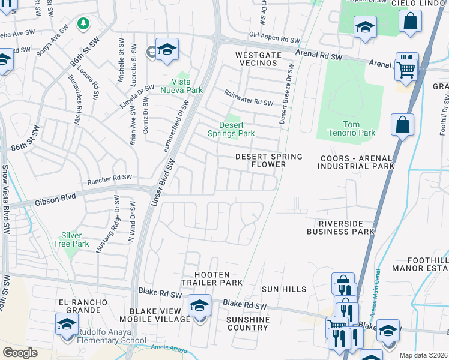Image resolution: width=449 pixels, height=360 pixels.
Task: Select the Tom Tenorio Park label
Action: [351, 128]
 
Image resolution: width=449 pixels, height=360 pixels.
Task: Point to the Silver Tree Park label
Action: [75, 239]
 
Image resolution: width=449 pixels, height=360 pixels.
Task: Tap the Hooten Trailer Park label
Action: [212, 277]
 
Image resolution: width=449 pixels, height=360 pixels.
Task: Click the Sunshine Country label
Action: [247, 323]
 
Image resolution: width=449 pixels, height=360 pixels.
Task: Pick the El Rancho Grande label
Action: [83, 306]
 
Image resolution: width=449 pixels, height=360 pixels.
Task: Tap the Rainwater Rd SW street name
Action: [249, 98]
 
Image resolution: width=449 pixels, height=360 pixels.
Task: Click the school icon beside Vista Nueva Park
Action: [167, 49]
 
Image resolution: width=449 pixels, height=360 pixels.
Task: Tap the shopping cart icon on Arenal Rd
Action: [406, 67]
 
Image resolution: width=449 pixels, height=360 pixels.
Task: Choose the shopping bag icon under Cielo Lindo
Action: [410, 21]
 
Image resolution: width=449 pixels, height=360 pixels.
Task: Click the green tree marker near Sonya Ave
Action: [84, 23]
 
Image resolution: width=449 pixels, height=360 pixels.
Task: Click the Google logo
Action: [20, 352]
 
